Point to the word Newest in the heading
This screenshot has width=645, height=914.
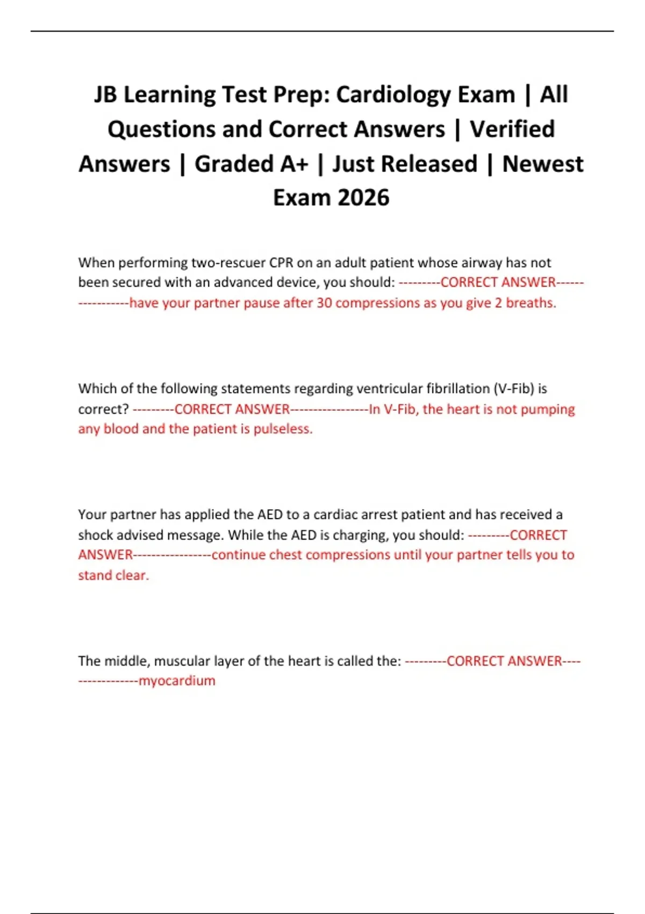[x=542, y=164]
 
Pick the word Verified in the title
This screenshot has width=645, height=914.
[x=512, y=130]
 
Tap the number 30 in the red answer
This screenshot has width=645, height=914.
[x=324, y=303]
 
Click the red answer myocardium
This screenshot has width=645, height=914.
[x=177, y=681]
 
